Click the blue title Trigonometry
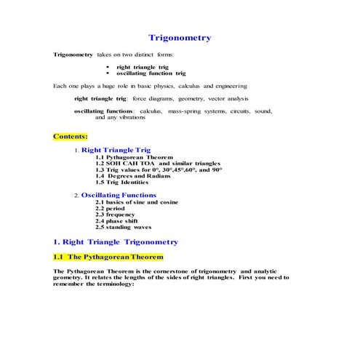pyautogui.click(x=180, y=38)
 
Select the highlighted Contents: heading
pyautogui.click(x=71, y=135)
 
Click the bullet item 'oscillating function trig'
pyautogui.click(x=151, y=73)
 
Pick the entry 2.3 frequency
pyautogui.click(x=116, y=215)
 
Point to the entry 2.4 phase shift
pyautogui.click(x=117, y=220)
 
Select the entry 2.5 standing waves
pyautogui.click(x=123, y=227)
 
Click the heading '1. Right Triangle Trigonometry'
pyautogui.click(x=116, y=241)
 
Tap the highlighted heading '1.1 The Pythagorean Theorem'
pyautogui.click(x=108, y=257)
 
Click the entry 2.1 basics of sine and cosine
pyautogui.click(x=137, y=201)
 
